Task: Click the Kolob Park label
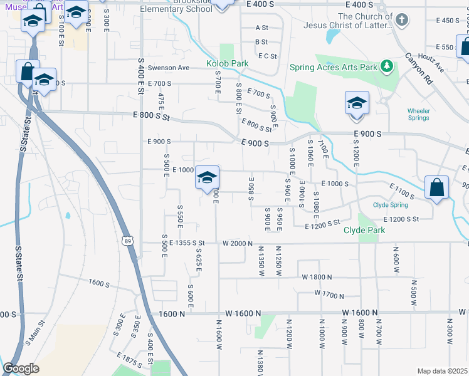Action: point(228,64)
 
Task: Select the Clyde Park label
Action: point(364,230)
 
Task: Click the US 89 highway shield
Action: point(129,241)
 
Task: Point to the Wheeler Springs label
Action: point(419,114)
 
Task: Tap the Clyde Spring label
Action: point(390,205)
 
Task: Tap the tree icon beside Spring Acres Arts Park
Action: point(387,66)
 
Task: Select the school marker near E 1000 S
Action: point(207,178)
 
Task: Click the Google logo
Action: point(21,368)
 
